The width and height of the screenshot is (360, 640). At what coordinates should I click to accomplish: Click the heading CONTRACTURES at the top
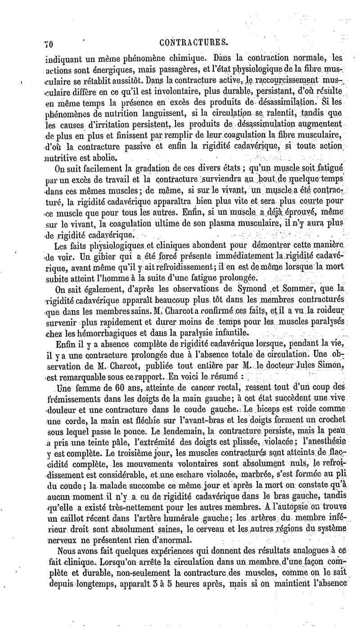194,43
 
